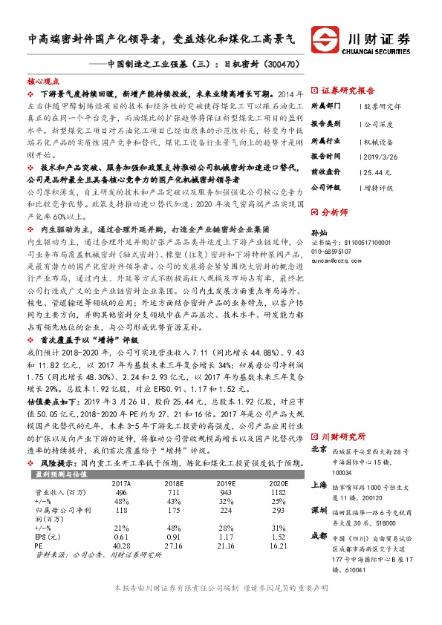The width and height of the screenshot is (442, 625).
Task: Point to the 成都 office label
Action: click(x=319, y=535)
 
